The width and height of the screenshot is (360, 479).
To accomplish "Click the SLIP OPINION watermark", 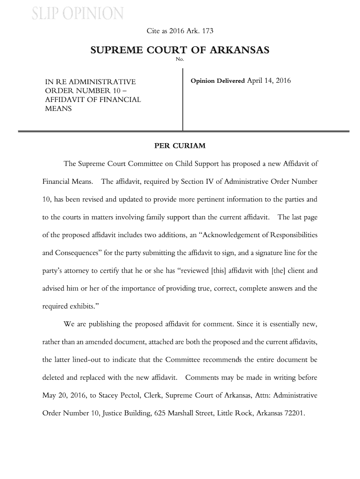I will pyautogui.click(x=78, y=14).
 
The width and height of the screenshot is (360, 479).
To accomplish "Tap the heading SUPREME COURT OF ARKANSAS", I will pyautogui.click(x=180, y=50).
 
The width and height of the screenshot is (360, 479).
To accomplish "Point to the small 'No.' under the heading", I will pyautogui.click(x=180, y=59).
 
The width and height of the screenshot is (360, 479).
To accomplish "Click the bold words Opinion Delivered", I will pyautogui.click(x=217, y=81).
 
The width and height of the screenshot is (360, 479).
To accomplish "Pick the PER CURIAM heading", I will pyautogui.click(x=180, y=146).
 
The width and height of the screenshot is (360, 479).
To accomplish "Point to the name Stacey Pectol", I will pyautogui.click(x=123, y=395).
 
